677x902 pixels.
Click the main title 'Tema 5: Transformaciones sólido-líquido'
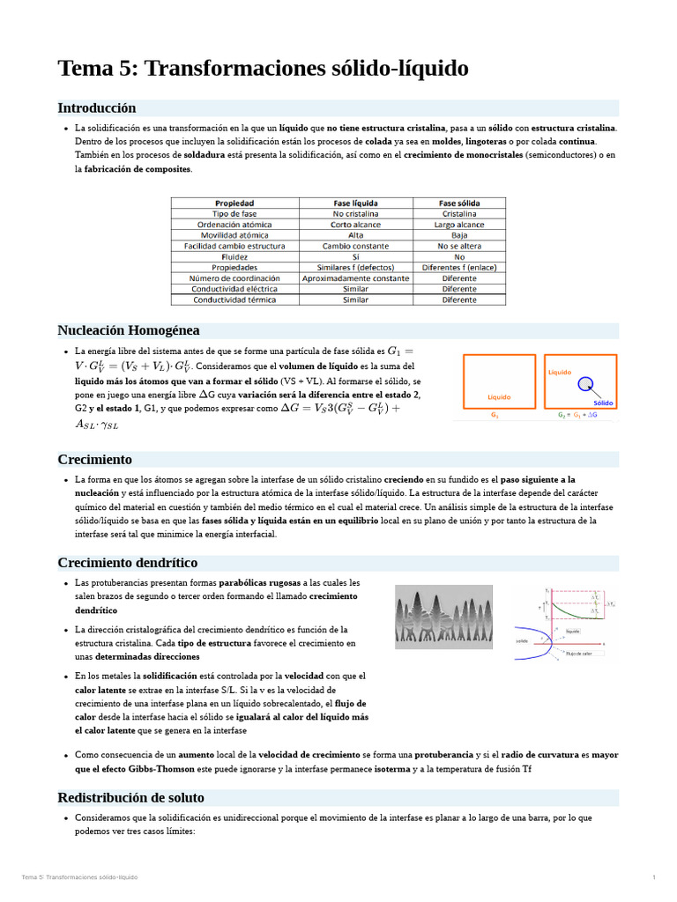point(263,69)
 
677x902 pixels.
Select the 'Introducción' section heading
point(97,107)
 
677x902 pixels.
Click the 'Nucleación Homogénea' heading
point(129,330)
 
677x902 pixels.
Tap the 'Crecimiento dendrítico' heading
point(127,562)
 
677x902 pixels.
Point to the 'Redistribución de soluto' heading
point(130,797)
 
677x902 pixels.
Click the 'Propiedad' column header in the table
point(234,203)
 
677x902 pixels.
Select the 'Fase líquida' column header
point(355,203)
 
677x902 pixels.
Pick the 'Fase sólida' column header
point(459,203)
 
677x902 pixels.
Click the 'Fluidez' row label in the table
point(234,256)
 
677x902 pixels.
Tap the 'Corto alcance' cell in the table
point(355,225)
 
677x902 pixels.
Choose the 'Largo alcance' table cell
point(459,225)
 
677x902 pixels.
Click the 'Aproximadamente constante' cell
point(355,278)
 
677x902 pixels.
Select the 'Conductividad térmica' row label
point(234,299)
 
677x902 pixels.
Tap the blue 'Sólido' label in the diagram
point(603,403)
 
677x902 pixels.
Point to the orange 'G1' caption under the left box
point(495,414)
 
